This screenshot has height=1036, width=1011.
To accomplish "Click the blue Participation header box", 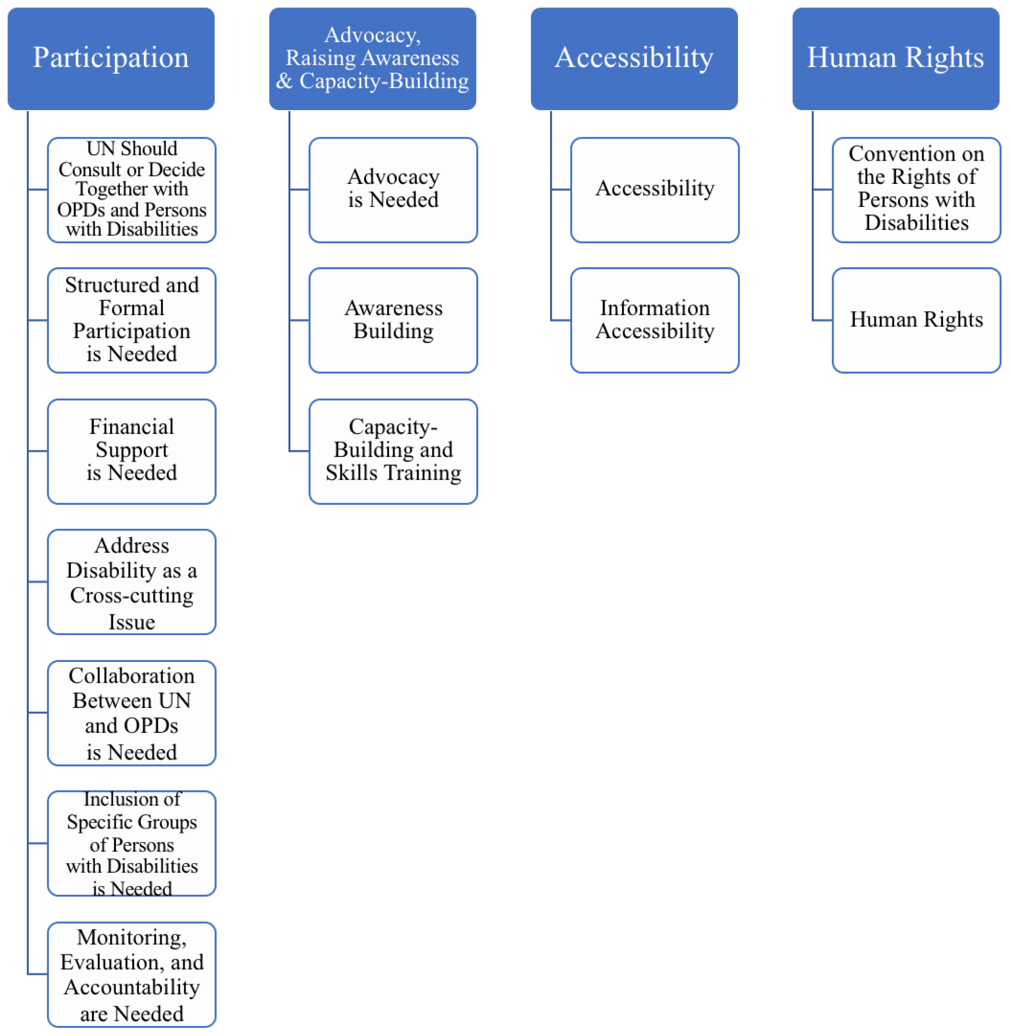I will click(x=111, y=58).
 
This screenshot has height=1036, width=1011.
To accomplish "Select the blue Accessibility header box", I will click(x=634, y=58).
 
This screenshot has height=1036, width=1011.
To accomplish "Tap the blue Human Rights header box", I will click(x=896, y=58).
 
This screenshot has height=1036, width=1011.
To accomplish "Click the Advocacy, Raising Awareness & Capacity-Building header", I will click(x=372, y=58).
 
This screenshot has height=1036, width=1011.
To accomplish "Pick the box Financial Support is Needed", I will click(x=132, y=451).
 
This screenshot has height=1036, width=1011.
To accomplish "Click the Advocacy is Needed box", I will click(x=393, y=189).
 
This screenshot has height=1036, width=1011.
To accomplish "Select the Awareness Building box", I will click(x=393, y=320).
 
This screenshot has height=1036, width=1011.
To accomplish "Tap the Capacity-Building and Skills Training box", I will click(x=393, y=451).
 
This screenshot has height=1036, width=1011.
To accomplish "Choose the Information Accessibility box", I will click(x=655, y=320).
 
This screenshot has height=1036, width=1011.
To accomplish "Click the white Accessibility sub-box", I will click(x=655, y=189).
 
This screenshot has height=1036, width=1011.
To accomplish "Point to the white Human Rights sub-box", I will click(x=917, y=320).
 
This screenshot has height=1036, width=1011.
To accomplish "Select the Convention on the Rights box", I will click(x=917, y=189).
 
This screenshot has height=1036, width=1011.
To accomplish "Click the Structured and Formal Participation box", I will click(x=132, y=320).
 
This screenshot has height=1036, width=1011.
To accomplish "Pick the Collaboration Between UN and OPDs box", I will click(x=132, y=713).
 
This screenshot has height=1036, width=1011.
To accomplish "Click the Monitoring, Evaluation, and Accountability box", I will click(x=132, y=974).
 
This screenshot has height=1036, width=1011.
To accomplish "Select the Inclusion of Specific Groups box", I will click(x=132, y=843).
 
